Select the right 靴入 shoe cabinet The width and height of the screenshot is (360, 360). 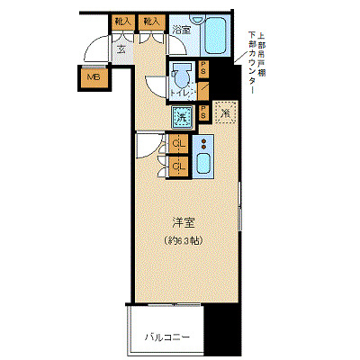[152, 21]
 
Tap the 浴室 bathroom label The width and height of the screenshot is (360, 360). [182, 29]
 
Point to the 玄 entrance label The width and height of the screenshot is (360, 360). [121, 49]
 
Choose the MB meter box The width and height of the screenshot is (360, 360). [94, 77]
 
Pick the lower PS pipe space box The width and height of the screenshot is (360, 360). [204, 112]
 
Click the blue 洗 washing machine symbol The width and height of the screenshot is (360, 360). [181, 115]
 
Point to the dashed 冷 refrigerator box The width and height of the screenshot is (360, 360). [224, 112]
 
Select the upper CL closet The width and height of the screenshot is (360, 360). [178, 145]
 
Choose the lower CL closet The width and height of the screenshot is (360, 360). [178, 166]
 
